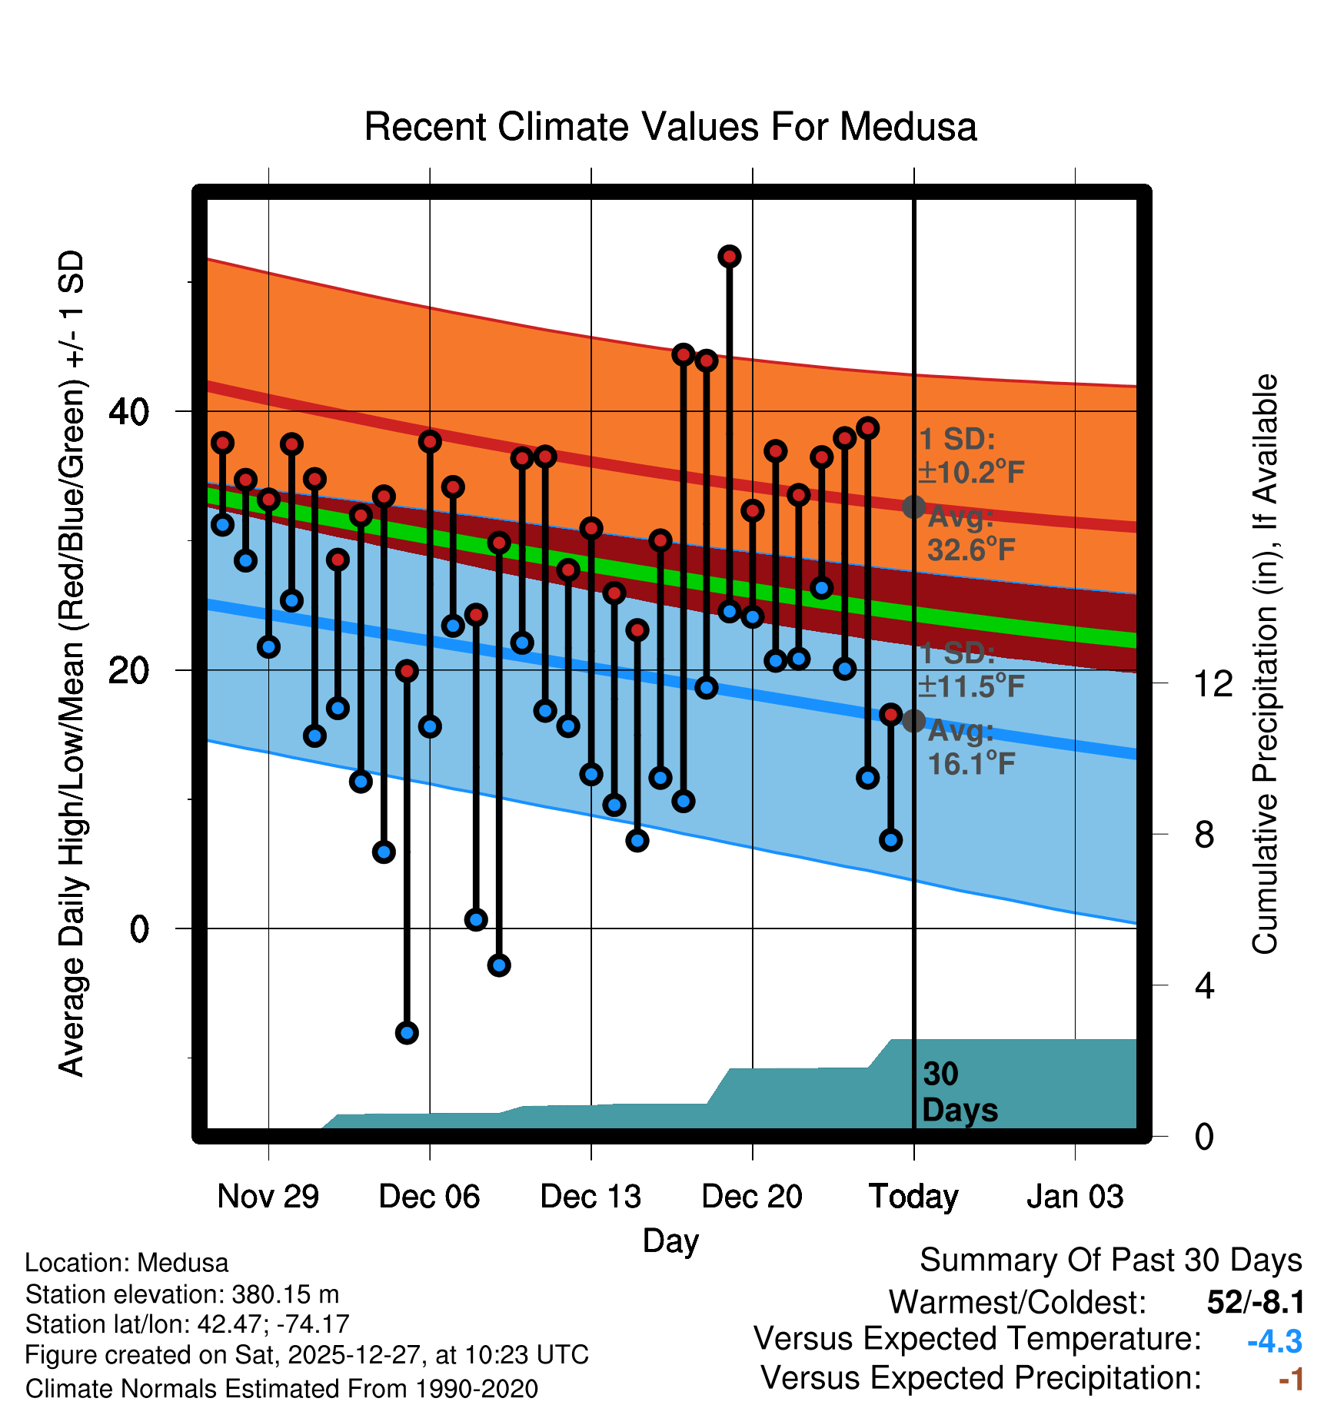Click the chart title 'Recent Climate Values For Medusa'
[x=670, y=127]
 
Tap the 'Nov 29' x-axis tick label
[x=268, y=1197]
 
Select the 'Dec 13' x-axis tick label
[x=590, y=1197]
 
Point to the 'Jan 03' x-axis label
[x=1075, y=1197]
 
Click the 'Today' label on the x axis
[x=913, y=1197]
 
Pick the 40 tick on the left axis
[x=128, y=412]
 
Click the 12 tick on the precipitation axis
[x=1213, y=683]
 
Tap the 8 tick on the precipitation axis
[x=1204, y=835]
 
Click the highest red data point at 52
[x=730, y=257]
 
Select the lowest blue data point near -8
[x=407, y=1032]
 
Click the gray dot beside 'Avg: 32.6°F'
[x=913, y=507]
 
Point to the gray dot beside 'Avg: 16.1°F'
[x=913, y=721]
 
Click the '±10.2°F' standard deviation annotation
[x=971, y=472]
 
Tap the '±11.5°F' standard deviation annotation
[x=971, y=686]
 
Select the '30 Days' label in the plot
[x=959, y=1092]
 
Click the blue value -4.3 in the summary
[x=1274, y=1341]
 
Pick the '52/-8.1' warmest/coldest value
[x=1256, y=1302]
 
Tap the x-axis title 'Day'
[x=670, y=1241]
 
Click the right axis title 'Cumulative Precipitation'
[x=1265, y=665]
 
